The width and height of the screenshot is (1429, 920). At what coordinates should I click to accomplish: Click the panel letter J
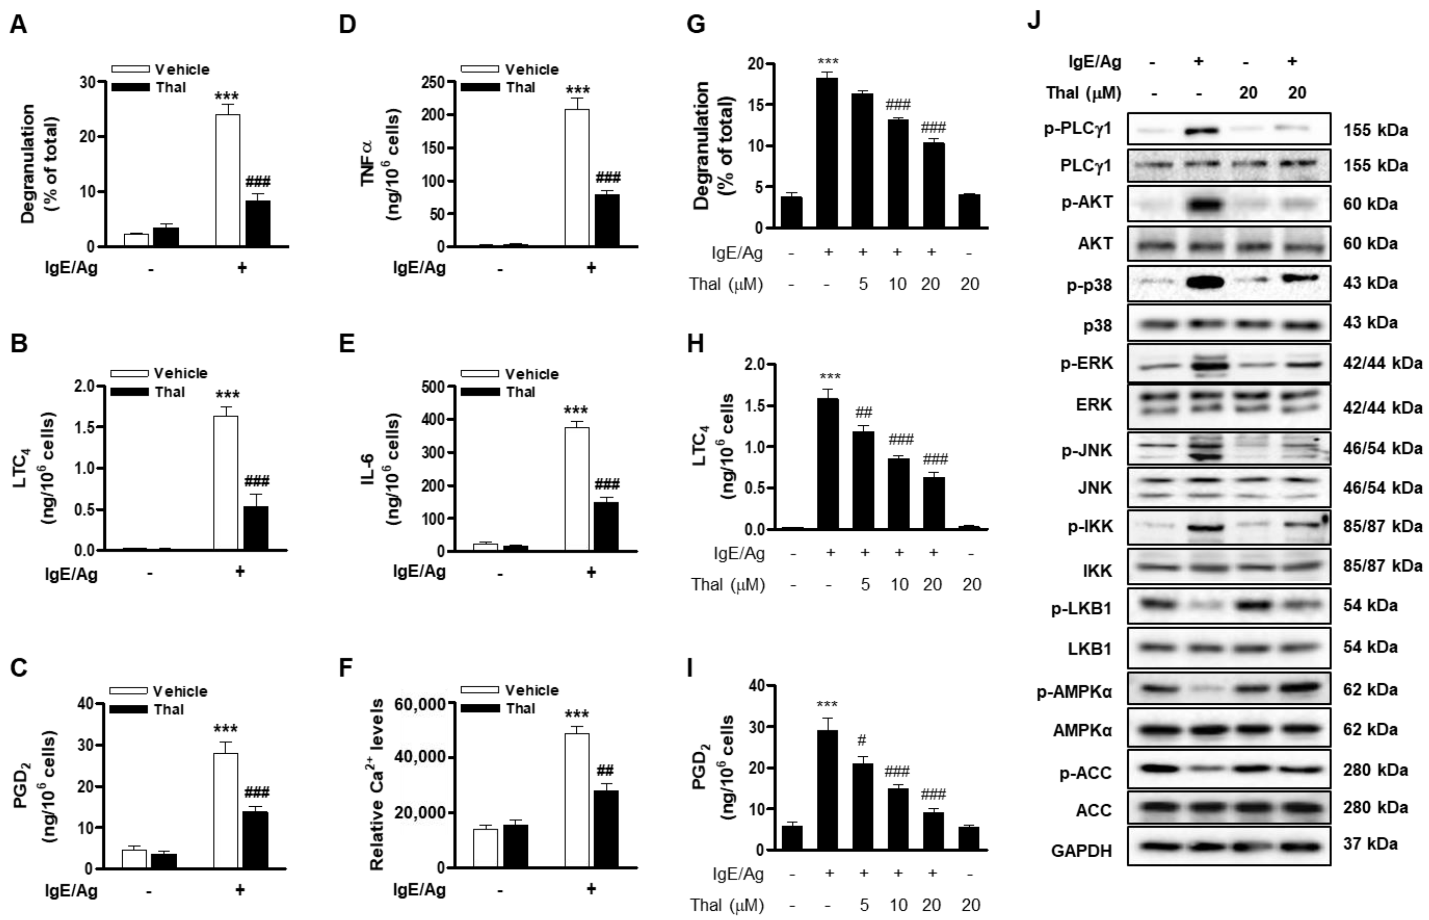(1034, 21)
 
